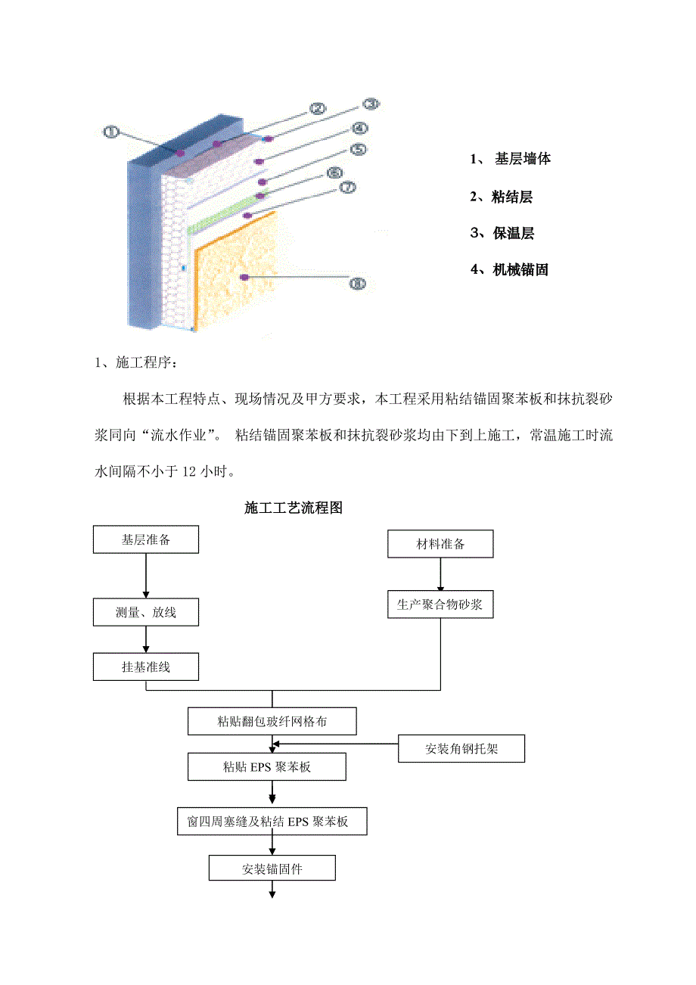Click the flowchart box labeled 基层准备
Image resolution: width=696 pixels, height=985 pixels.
pos(146,540)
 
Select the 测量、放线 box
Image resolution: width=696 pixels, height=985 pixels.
pos(146,612)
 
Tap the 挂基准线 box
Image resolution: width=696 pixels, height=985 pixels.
pos(146,667)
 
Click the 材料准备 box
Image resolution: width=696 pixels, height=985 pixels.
pos(440,544)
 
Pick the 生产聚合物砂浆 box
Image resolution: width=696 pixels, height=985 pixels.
pos(440,604)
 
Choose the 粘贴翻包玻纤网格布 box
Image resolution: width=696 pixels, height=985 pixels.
pos(272,722)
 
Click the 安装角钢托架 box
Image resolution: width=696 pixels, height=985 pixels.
pos(461,749)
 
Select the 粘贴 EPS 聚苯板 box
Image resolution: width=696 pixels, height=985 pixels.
pos(267,767)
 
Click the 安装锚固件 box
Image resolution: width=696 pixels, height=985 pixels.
pos(272,869)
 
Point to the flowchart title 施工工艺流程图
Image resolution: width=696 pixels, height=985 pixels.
pos(294,508)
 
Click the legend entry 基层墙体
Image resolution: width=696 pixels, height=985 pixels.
pos(511,160)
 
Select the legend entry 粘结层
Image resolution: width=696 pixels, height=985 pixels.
pos(501,197)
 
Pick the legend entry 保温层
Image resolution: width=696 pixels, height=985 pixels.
pos(502,234)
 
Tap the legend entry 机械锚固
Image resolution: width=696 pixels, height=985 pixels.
pos(508,269)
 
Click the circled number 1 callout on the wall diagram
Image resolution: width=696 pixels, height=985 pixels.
pos(110,132)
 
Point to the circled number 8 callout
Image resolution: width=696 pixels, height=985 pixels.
pos(357,284)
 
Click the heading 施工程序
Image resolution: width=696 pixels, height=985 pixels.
pos(136,363)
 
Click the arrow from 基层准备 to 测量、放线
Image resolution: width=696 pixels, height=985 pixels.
pos(146,576)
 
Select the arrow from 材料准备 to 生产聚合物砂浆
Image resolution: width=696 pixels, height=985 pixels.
pos(440,574)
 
